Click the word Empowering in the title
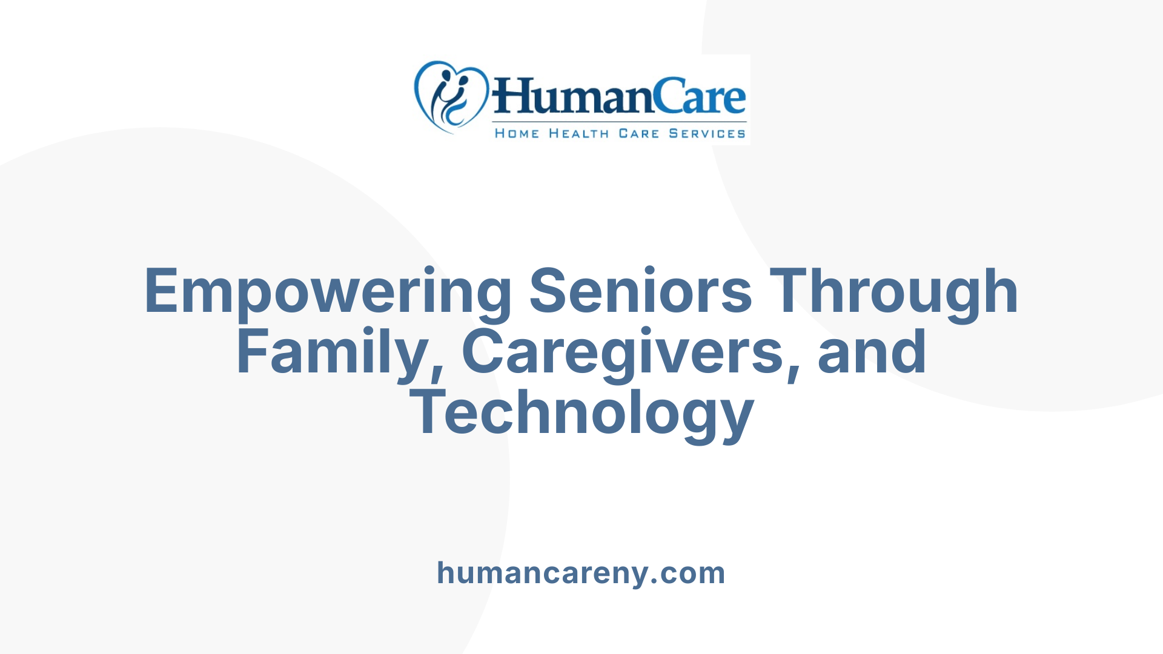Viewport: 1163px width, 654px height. click(x=328, y=292)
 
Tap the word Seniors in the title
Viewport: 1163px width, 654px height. click(x=640, y=292)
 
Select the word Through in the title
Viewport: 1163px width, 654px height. click(x=897, y=292)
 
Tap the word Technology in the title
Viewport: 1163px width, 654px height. click(x=581, y=413)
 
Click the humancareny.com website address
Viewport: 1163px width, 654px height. click(x=581, y=573)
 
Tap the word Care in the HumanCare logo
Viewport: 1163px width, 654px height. click(x=703, y=97)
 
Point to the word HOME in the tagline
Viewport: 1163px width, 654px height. click(x=517, y=133)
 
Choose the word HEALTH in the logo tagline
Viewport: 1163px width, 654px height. click(x=578, y=133)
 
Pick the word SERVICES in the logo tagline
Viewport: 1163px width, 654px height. click(x=707, y=133)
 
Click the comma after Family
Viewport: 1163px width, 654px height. click(x=437, y=371)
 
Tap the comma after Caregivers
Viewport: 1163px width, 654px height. click(x=794, y=371)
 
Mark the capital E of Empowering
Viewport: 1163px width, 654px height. click(x=162, y=292)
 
